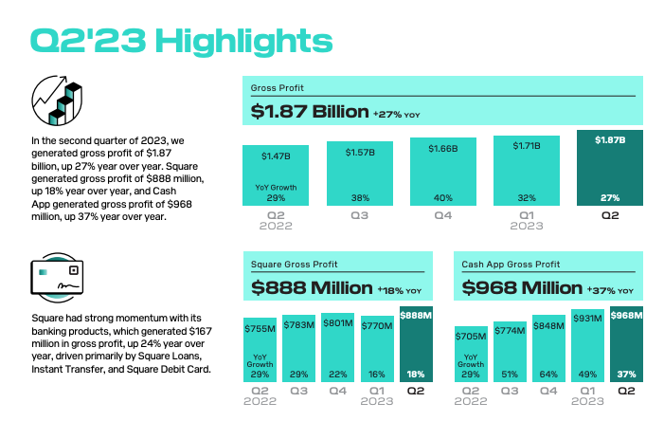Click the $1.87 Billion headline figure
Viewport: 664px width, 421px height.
[x=310, y=112]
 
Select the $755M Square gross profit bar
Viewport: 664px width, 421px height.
[x=260, y=350]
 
